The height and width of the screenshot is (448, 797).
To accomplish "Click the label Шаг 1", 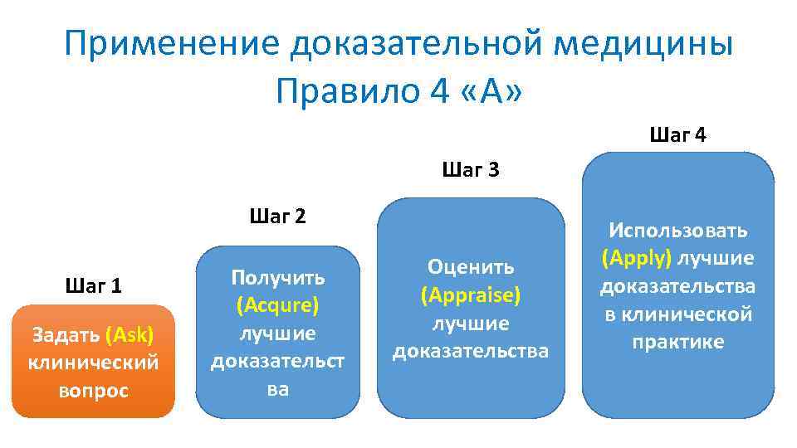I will coord(93,286).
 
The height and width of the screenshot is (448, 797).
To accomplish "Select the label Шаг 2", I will coord(277,217).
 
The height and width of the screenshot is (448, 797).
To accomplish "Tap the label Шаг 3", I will coord(471,171).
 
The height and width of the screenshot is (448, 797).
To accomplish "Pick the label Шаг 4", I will coord(678,135).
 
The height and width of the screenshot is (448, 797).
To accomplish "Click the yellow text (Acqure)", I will coord(277,305).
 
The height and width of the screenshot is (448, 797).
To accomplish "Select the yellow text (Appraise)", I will coord(471,295).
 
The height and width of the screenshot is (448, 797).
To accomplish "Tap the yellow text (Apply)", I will coord(637,258).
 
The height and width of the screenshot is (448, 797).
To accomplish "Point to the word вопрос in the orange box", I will coord(94,391).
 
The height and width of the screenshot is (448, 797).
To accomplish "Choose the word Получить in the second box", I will coord(277,277).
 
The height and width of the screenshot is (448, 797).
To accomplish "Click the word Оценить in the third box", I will coord(471,266).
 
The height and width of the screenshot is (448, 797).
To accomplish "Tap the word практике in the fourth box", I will coord(678,342).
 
